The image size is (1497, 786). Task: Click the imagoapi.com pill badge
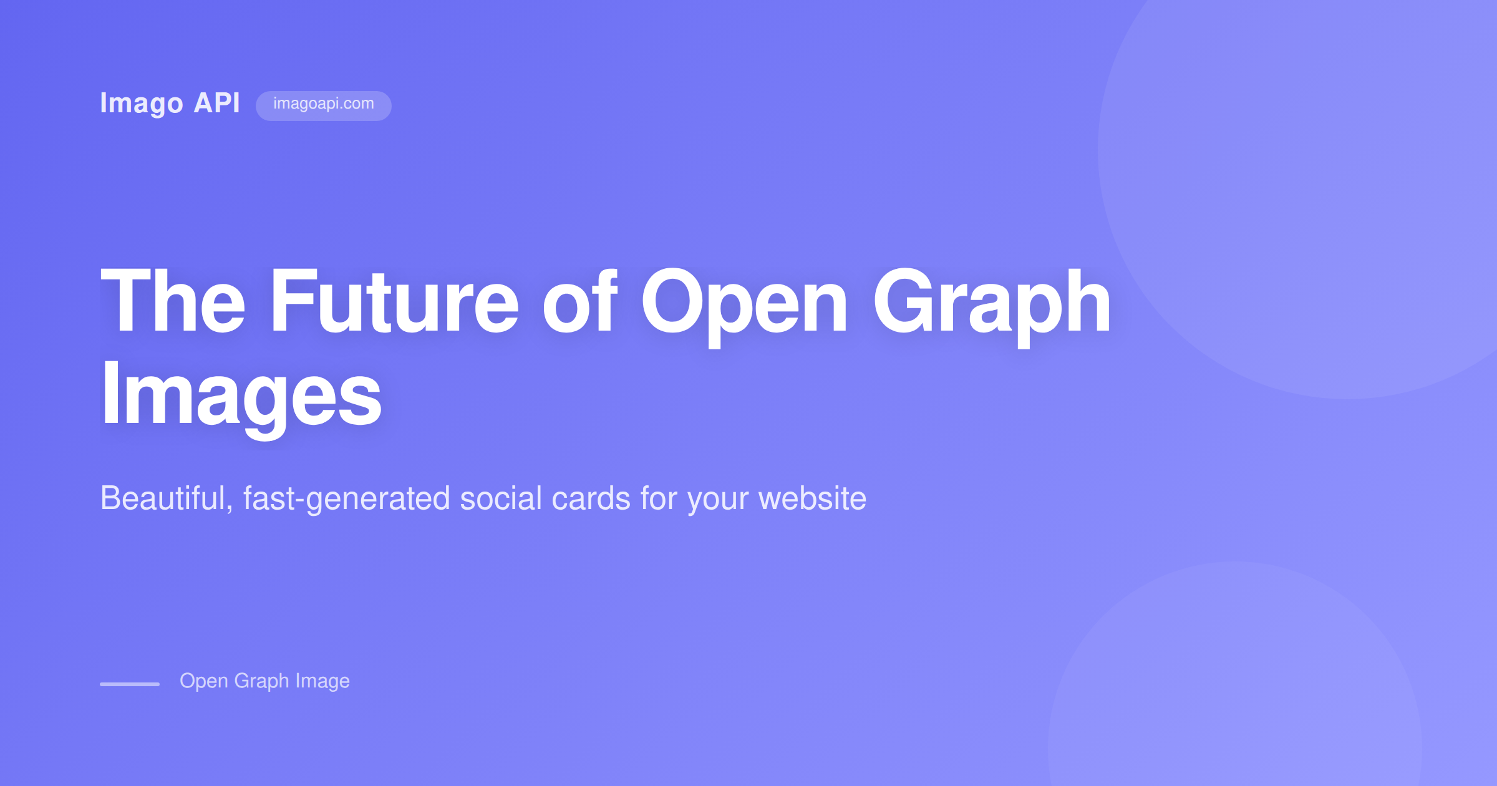(x=323, y=105)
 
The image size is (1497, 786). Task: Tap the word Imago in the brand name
(x=142, y=104)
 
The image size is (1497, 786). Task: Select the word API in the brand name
(x=216, y=103)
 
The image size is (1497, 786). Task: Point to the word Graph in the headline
(x=992, y=303)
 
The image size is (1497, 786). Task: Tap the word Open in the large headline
(x=745, y=303)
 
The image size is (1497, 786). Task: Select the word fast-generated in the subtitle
(x=346, y=500)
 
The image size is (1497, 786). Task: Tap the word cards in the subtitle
(x=591, y=498)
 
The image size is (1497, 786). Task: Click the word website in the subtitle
(x=812, y=498)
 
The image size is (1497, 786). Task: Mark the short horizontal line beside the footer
(x=130, y=684)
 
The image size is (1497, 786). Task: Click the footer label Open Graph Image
(x=264, y=681)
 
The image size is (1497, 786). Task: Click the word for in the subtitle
(x=659, y=498)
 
